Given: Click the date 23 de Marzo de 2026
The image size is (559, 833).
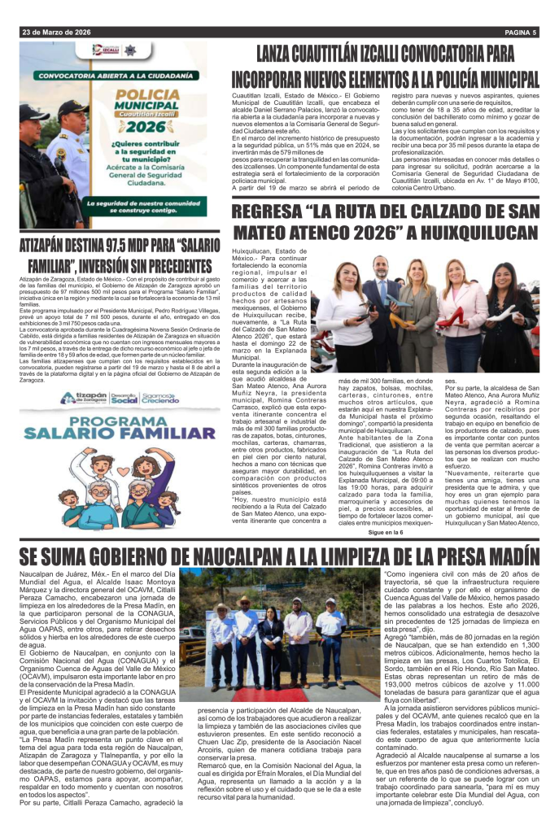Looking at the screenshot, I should click(x=56, y=33).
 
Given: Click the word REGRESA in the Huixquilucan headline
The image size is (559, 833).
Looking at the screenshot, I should click(x=272, y=214).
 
